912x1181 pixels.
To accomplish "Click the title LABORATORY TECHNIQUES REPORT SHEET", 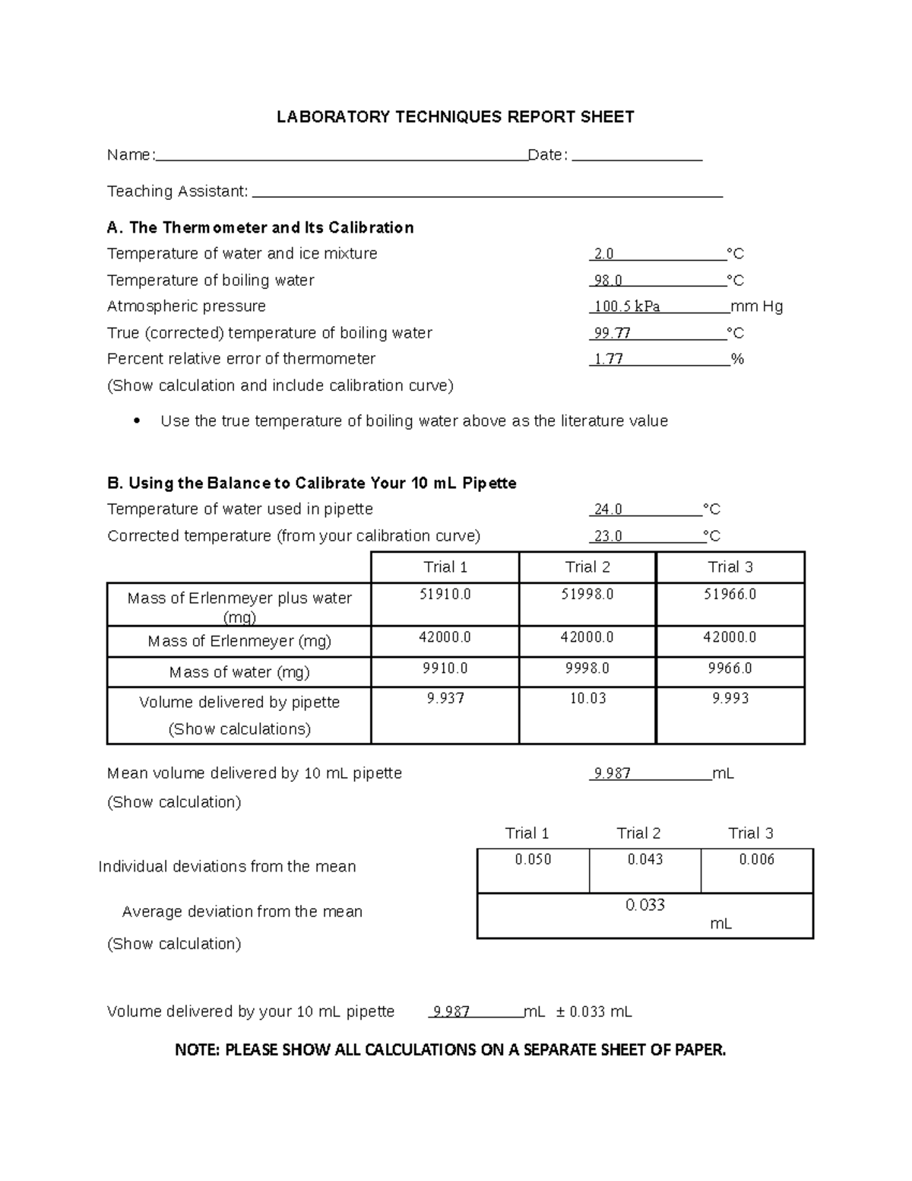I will pos(454,116).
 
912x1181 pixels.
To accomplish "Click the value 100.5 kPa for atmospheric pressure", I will pos(627,306).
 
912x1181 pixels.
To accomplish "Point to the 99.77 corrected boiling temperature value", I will pos(613,333).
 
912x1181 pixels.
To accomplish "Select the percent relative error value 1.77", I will pos(609,359).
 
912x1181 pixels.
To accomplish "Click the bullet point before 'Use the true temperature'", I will pos(137,421).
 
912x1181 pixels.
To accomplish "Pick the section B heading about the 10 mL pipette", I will pos(312,484).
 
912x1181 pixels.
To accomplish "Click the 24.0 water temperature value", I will pos(608,510).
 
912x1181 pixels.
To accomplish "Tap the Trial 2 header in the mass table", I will pos(587,567).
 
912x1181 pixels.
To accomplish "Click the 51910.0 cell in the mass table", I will pos(445,594).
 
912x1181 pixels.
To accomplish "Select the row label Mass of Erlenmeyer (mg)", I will pos(239,641).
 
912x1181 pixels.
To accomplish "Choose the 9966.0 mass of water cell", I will pos(730,668).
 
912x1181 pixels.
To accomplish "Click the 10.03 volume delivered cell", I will pos(587,698).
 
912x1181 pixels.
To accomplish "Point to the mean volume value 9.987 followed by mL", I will pos(613,773).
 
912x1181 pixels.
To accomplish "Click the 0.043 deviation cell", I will pos(644,859).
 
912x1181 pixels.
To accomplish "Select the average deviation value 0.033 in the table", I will pos(644,905).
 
